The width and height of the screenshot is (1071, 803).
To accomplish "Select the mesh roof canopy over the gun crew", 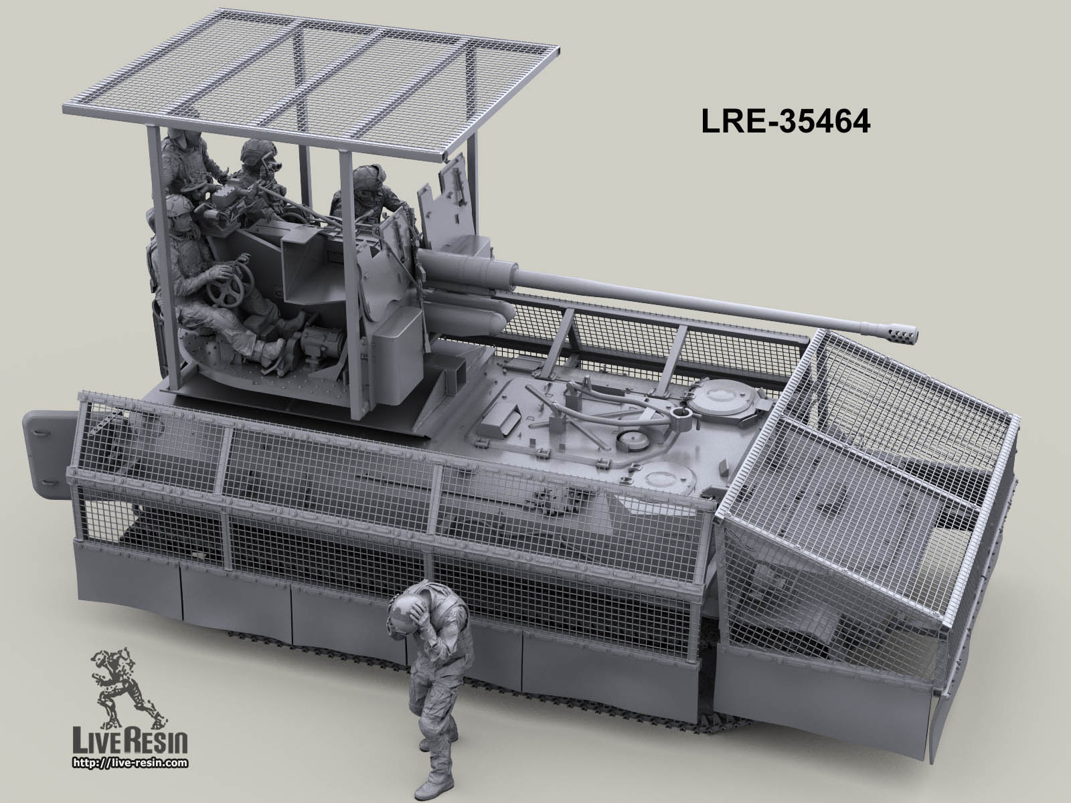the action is coord(313,78).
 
